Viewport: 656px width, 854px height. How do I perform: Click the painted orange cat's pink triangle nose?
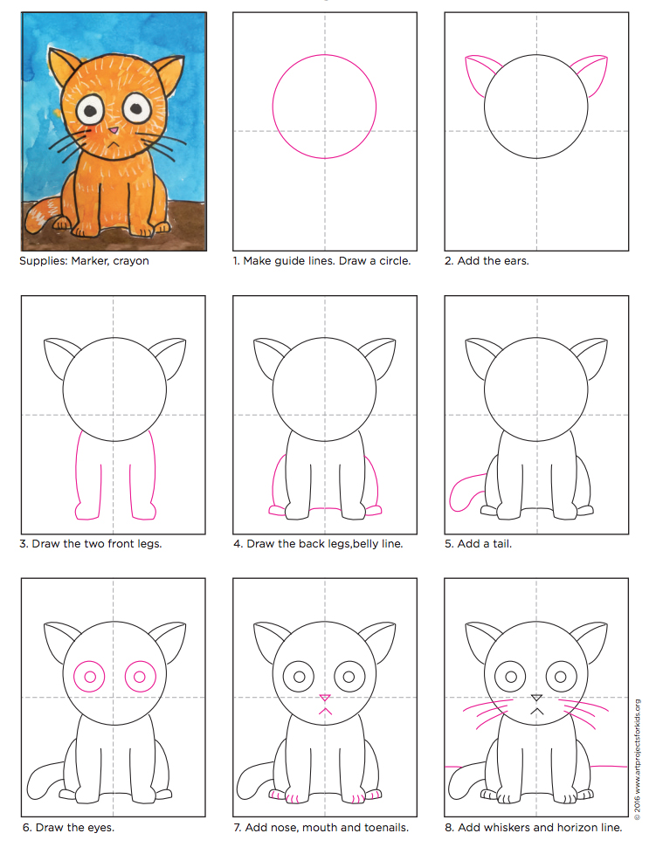tap(114, 133)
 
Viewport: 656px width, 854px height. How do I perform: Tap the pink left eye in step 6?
tap(89, 677)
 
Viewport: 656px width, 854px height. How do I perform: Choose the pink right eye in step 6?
tap(140, 677)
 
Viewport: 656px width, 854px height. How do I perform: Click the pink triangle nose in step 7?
tap(324, 697)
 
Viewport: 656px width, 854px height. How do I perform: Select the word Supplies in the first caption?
tap(41, 261)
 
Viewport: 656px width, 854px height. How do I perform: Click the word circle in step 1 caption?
tap(392, 261)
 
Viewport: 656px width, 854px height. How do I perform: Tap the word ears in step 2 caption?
tap(512, 261)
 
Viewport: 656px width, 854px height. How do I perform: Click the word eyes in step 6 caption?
tap(99, 827)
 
